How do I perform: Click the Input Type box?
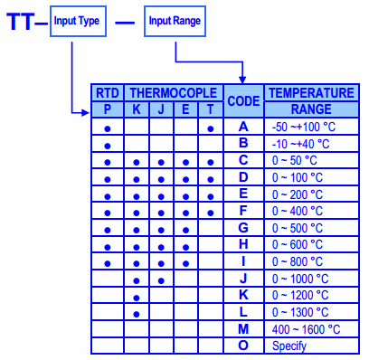click(78, 21)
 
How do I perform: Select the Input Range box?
click(175, 21)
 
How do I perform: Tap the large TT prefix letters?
click(20, 22)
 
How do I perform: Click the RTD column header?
click(108, 93)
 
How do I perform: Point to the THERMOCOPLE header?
click(174, 93)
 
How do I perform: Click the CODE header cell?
click(243, 101)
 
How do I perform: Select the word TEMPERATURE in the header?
click(311, 93)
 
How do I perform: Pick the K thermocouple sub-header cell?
click(137, 109)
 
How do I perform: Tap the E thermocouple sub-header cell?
click(185, 109)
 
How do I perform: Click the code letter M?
click(243, 329)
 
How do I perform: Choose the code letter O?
click(243, 346)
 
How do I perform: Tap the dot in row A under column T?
click(211, 129)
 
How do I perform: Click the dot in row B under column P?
click(108, 146)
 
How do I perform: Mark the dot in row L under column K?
click(137, 315)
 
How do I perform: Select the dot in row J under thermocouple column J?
click(161, 281)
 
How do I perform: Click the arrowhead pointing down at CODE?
click(242, 80)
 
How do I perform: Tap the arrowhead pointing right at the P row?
click(86, 113)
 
